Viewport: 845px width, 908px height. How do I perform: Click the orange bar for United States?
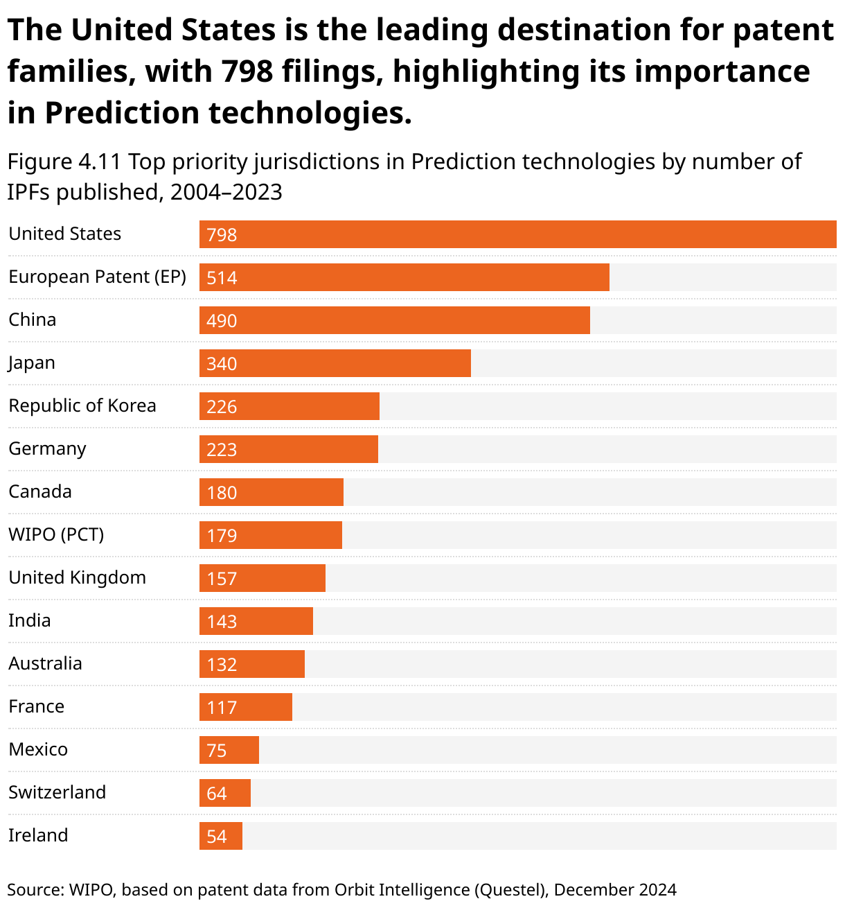pos(517,234)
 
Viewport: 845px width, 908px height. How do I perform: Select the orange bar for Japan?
pos(335,363)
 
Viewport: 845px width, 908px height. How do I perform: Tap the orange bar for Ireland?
pos(221,836)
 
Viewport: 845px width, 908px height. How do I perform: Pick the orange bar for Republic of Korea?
pos(289,406)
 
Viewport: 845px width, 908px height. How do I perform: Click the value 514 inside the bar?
pos(222,278)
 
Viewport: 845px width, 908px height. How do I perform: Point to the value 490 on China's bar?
pos(222,321)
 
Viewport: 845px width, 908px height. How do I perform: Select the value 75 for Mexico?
pos(217,751)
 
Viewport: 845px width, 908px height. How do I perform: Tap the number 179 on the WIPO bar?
pos(222,536)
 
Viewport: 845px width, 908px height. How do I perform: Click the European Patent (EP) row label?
pos(97,277)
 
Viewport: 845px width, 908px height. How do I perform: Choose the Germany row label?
pos(47,448)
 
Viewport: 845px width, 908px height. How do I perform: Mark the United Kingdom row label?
pos(77,577)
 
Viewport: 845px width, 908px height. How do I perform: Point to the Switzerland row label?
pos(57,792)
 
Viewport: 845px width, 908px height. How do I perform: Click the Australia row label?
pos(45,663)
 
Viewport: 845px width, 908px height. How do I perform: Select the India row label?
pos(29,620)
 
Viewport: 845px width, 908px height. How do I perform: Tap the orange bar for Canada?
pos(271,492)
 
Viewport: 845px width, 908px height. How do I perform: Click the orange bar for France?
pos(245,707)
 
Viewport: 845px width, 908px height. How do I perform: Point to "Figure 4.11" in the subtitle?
pos(64,161)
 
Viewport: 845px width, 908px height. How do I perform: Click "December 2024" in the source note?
pos(615,889)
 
